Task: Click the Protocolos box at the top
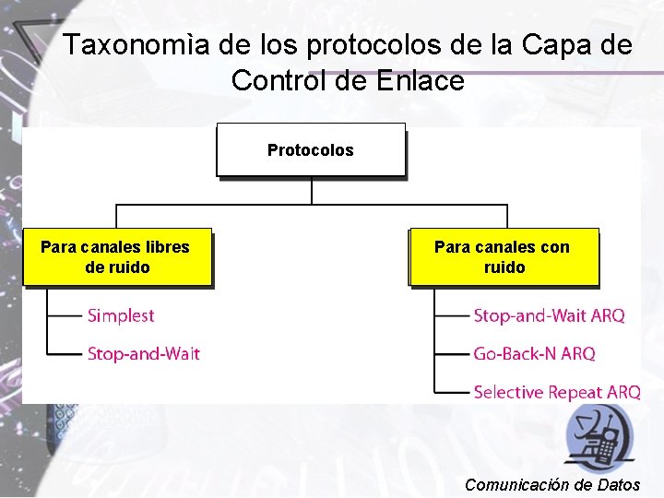pos(311,149)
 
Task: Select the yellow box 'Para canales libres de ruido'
pos(116,257)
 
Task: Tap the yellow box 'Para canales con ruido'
pos(504,257)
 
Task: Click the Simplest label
pos(121,315)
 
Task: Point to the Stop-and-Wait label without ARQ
pos(143,353)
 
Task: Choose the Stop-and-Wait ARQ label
pos(549,315)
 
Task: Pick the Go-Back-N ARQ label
pos(534,353)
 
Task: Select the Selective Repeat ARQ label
pos(556,392)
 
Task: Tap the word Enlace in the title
pos(421,81)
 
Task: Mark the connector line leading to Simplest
pos(65,315)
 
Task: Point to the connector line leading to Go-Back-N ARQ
pos(451,353)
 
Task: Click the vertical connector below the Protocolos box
pos(312,189)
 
